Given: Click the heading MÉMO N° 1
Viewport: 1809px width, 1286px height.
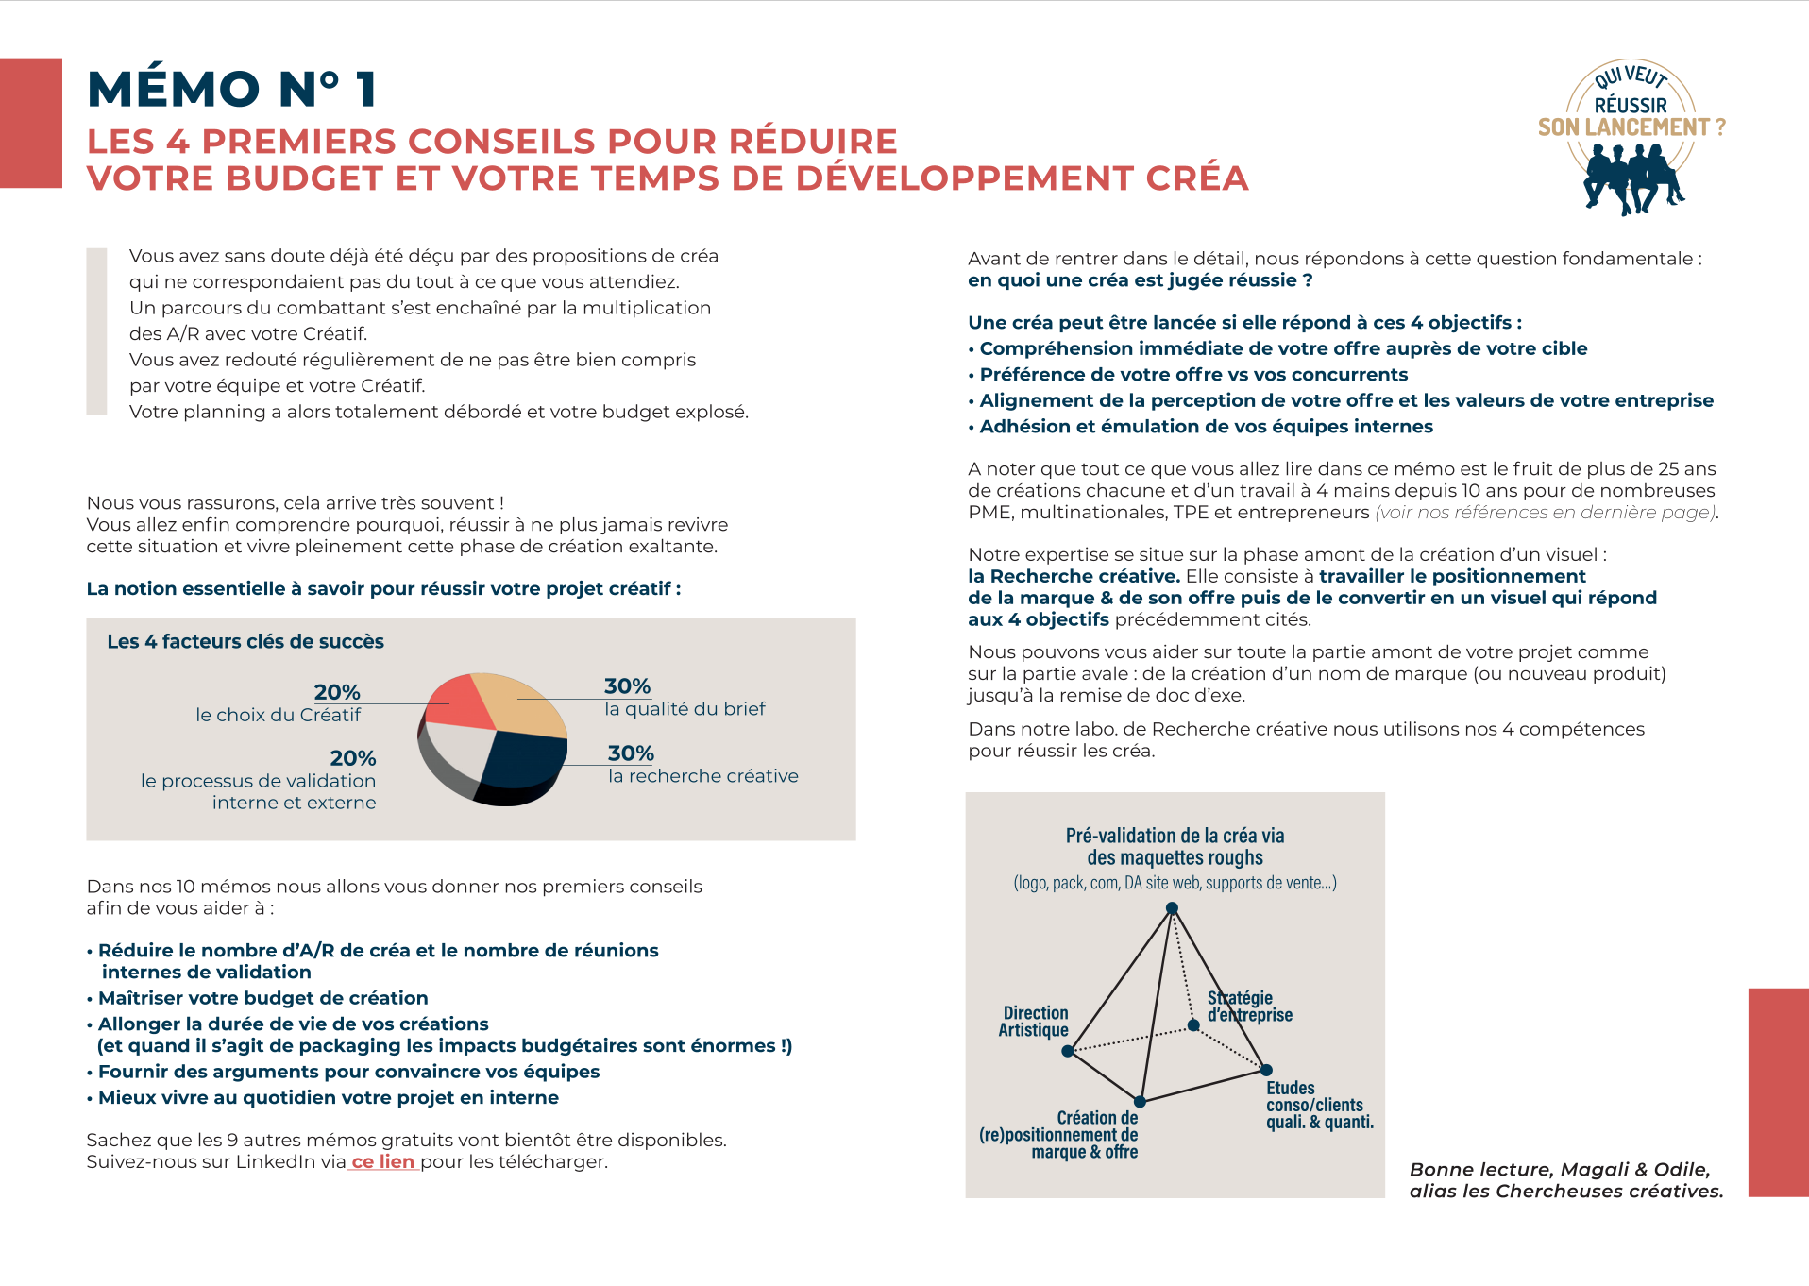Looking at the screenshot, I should coord(232,90).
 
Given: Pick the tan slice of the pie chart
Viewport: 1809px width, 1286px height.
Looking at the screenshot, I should coord(518,703).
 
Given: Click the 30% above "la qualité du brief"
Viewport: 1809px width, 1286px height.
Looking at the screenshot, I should coord(627,686).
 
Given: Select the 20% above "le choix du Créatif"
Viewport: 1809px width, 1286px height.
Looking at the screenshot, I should coord(337,692).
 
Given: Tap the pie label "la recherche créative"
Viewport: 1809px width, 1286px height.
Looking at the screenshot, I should coord(702,776).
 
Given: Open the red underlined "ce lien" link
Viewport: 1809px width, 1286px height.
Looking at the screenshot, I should coord(382,1162).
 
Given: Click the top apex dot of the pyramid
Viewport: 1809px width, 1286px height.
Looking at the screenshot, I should coord(1172,908).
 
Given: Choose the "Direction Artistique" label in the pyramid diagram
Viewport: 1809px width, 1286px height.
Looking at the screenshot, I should coord(1034,1022).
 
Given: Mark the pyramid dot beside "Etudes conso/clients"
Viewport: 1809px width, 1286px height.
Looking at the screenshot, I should coord(1266,1070).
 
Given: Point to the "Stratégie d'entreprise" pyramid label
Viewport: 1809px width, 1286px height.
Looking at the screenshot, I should coord(1249,1007).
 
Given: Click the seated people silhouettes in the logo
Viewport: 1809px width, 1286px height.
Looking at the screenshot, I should coord(1632,178).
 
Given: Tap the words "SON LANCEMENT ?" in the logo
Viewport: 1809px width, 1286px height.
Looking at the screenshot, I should coord(1631,127).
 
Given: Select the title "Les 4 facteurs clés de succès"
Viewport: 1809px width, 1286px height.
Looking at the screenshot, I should coord(245,642).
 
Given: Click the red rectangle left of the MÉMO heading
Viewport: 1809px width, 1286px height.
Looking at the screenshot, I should coord(31,123).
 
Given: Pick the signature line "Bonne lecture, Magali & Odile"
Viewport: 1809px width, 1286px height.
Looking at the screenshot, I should coord(1559,1170).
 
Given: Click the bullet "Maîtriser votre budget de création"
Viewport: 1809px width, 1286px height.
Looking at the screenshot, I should coord(262,998).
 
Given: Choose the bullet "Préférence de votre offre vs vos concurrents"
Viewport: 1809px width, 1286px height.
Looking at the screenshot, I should coord(1193,375).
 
